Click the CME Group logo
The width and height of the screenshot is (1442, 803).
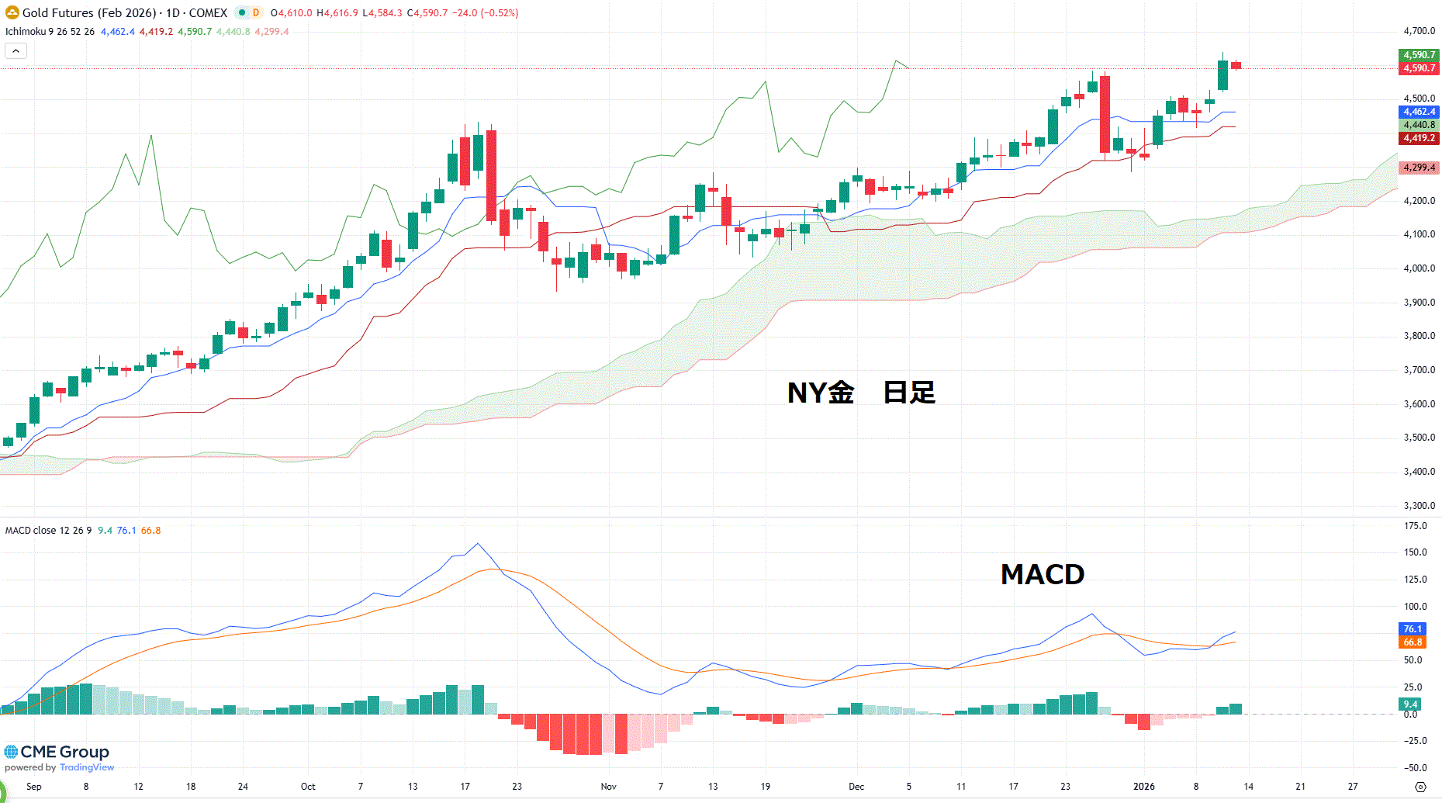[x=57, y=752]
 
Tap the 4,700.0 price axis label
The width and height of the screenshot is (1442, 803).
[x=1419, y=31]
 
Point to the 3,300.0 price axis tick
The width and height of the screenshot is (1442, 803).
[x=1419, y=506]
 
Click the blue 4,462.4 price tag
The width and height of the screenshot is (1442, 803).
[x=1419, y=112]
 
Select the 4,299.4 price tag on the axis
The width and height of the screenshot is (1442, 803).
[x=1419, y=168]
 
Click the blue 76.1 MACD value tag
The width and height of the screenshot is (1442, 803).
[x=1413, y=629]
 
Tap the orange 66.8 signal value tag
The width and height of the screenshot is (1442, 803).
[x=1413, y=642]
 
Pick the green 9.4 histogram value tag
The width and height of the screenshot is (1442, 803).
[x=1410, y=704]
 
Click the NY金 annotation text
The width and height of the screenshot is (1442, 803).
[x=820, y=393]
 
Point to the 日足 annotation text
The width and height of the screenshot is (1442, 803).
[x=909, y=393]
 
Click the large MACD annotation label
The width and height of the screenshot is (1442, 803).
[x=1042, y=575]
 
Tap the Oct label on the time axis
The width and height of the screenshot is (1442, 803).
[x=308, y=787]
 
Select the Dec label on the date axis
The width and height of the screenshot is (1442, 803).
[x=856, y=787]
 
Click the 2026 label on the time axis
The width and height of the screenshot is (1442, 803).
[x=1143, y=787]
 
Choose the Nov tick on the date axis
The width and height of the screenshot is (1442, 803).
[x=609, y=787]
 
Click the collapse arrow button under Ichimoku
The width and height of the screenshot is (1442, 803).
[x=16, y=51]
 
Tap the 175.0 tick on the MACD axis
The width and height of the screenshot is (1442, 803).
[x=1416, y=526]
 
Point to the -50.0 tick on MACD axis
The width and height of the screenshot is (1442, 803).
[x=1416, y=768]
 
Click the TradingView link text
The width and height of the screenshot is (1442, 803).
[x=87, y=768]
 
